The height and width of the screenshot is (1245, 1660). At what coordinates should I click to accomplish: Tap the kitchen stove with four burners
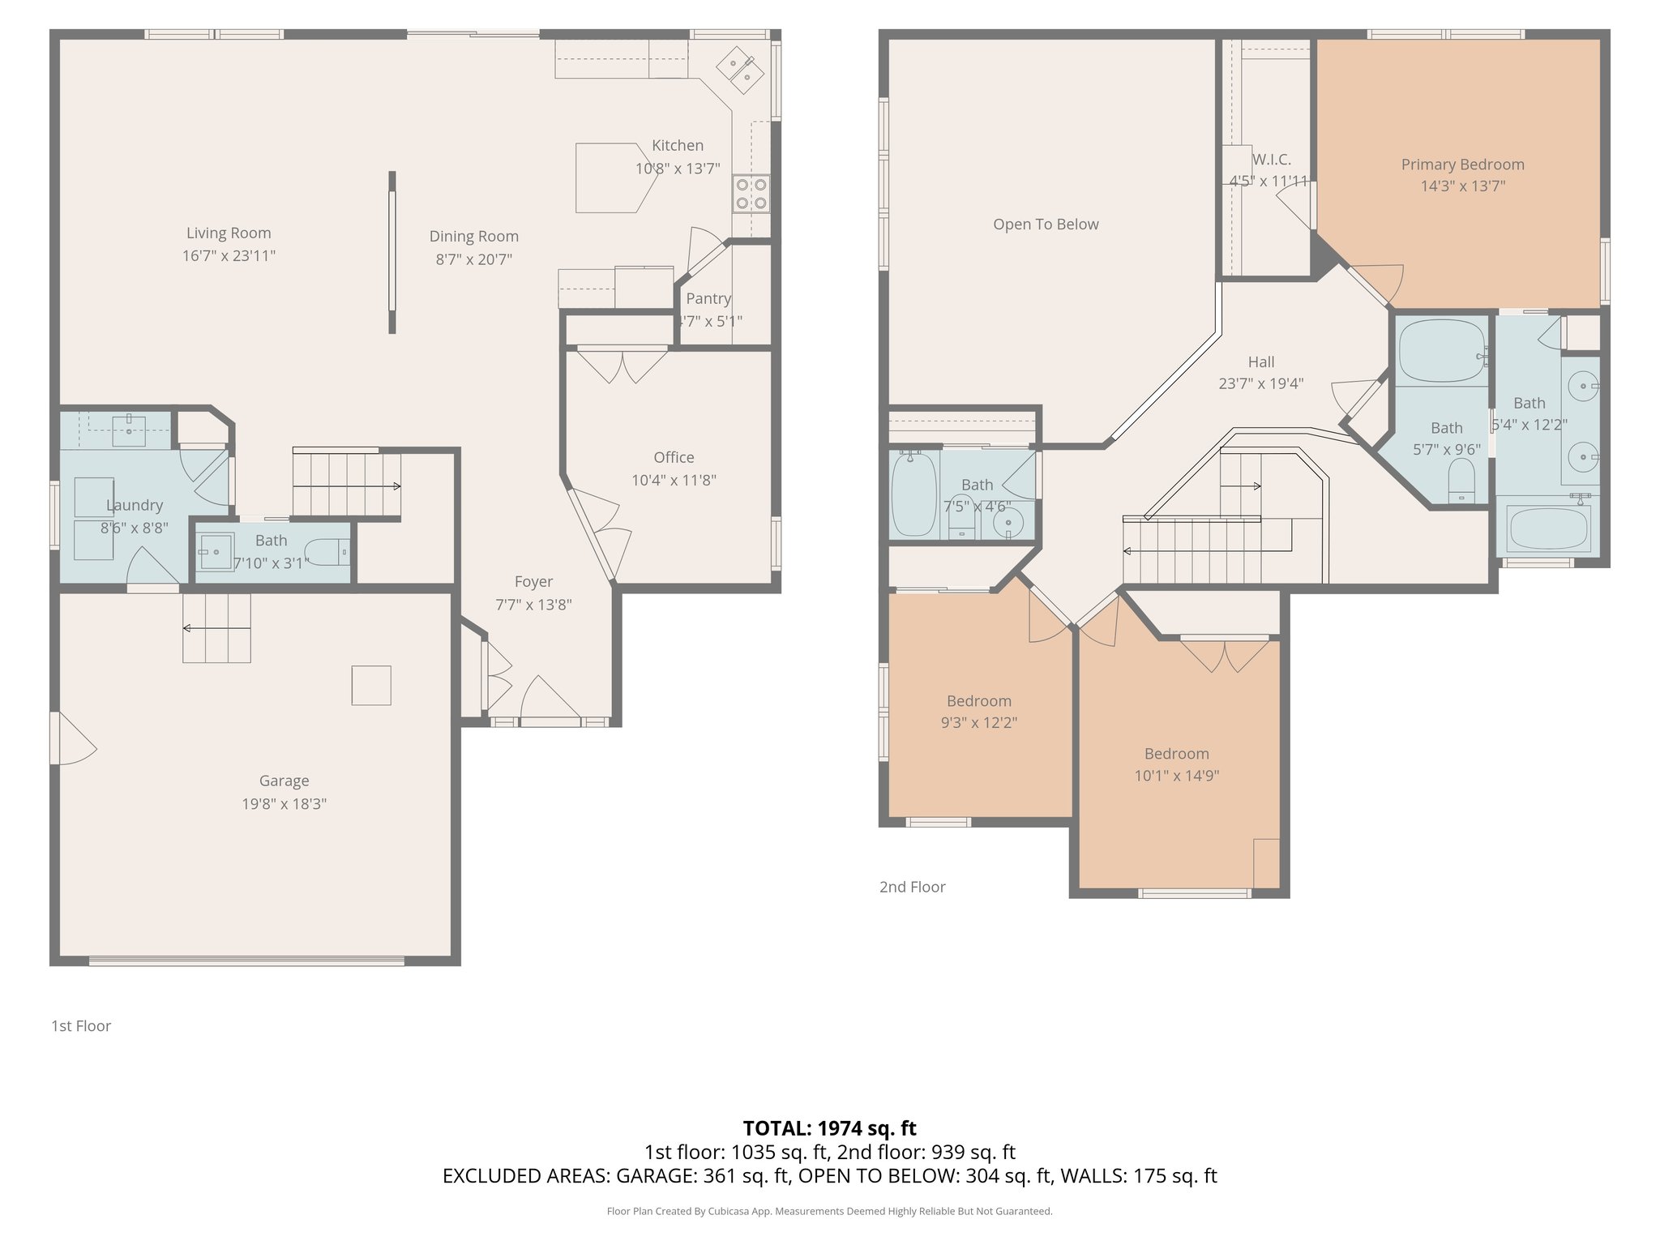[751, 194]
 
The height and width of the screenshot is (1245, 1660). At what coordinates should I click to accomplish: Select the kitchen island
[613, 178]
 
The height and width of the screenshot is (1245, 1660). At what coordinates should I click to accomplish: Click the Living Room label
[229, 233]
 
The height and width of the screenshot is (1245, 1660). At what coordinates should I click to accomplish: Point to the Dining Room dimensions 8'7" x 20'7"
[474, 259]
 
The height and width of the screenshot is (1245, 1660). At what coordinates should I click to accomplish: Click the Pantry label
[708, 298]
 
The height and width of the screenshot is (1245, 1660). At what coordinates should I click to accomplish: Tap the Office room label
[674, 457]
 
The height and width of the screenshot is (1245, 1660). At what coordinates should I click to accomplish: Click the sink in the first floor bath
[216, 552]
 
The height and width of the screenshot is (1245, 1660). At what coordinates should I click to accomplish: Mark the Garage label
[284, 781]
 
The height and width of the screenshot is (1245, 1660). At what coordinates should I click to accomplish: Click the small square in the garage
[371, 685]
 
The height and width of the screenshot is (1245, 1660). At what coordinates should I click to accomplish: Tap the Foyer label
[533, 582]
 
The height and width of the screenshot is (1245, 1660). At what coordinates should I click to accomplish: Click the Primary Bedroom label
[1462, 165]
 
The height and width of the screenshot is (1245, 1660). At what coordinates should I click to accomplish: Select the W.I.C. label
[1271, 160]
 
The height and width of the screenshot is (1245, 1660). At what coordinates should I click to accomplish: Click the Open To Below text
[1046, 225]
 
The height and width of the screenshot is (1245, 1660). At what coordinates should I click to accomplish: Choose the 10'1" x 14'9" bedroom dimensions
[1176, 776]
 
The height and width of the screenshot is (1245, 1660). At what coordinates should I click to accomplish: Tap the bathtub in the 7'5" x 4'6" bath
[913, 494]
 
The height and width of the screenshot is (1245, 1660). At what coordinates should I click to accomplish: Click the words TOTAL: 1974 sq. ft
[829, 1127]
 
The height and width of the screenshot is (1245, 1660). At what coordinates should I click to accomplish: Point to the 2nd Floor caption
[912, 887]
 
